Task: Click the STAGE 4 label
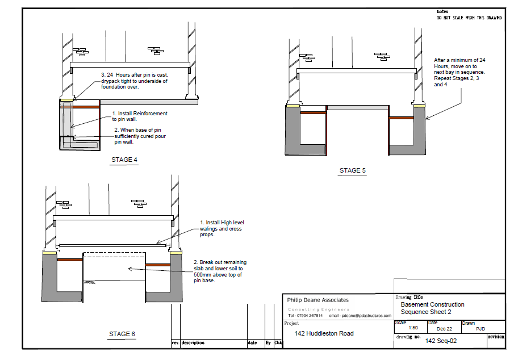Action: pyautogui.click(x=124, y=160)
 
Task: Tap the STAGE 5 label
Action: pyautogui.click(x=353, y=170)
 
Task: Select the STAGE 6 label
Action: pyautogui.click(x=122, y=334)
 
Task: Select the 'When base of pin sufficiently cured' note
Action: pyautogui.click(x=143, y=136)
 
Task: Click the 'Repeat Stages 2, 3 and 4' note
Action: pyautogui.click(x=459, y=72)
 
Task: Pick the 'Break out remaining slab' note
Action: pyautogui.click(x=220, y=271)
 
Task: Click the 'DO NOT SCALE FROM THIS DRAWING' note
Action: pyautogui.click(x=469, y=18)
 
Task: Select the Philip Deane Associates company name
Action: pyautogui.click(x=318, y=300)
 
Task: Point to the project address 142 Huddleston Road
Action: pyautogui.click(x=324, y=333)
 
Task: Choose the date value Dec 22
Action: pyautogui.click(x=445, y=329)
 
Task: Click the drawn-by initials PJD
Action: pyautogui.click(x=481, y=329)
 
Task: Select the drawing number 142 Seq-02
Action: pyautogui.click(x=441, y=341)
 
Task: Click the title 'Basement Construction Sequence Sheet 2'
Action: pyautogui.click(x=432, y=308)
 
